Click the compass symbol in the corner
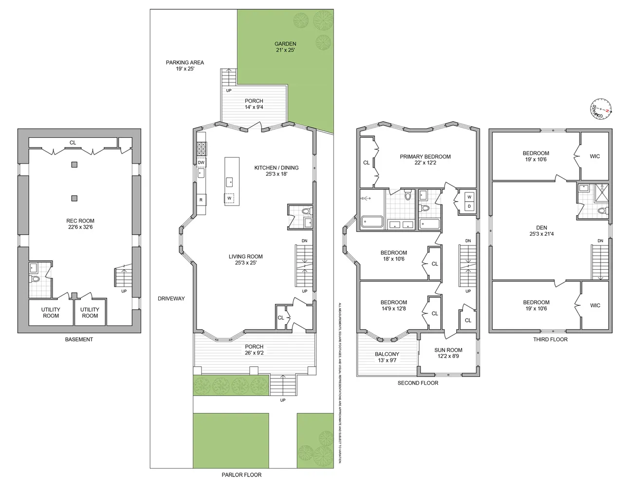600,109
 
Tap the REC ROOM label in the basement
80,224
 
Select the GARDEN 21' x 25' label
285,47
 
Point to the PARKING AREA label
185,65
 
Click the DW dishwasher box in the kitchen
201,163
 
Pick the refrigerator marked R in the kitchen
201,200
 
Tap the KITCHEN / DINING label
276,170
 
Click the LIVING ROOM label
245,260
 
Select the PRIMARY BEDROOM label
425,160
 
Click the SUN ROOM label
448,353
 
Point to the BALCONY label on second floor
387,357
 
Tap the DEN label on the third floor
541,230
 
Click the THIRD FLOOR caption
551,339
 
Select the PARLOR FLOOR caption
241,475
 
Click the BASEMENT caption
79,339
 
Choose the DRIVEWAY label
171,299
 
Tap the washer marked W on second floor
469,197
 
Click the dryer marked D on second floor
469,206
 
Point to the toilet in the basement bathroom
35,280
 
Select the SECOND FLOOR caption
418,383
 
